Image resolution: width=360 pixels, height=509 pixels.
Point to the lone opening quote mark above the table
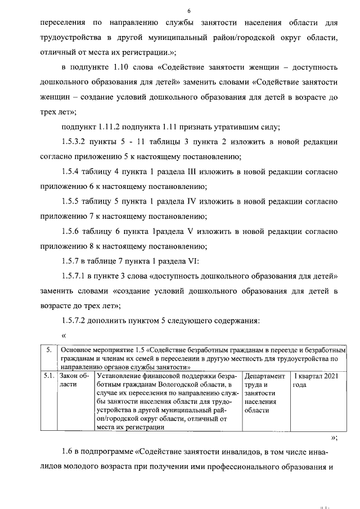pos(64,336)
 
